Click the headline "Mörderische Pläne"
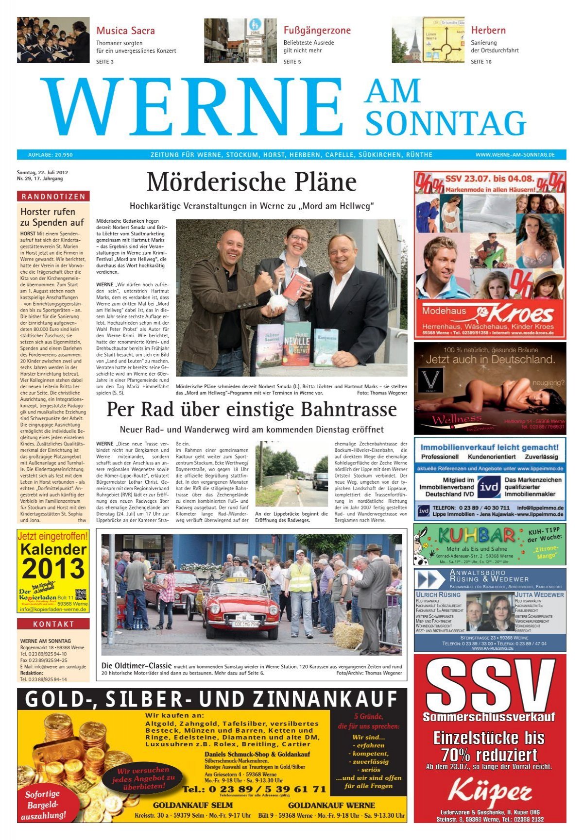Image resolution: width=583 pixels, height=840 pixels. pos(251,182)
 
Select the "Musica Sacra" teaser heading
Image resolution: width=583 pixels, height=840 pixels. pos(125,31)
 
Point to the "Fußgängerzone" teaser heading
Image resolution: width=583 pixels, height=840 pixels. pos(317,31)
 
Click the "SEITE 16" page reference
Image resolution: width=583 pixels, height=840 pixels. pos(481,62)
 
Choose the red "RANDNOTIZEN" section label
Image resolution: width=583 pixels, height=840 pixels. pos(53,197)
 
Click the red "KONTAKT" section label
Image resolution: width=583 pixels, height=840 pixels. pos(53,624)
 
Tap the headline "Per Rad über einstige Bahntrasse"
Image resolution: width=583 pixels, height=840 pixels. pos(251,410)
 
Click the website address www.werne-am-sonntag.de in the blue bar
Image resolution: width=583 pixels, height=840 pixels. pos(514,155)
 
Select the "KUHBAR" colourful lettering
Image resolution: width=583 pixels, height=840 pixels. pos(476,536)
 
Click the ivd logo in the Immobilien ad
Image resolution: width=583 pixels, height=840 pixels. pos(488,487)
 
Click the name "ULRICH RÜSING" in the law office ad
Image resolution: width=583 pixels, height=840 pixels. pos(438,594)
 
